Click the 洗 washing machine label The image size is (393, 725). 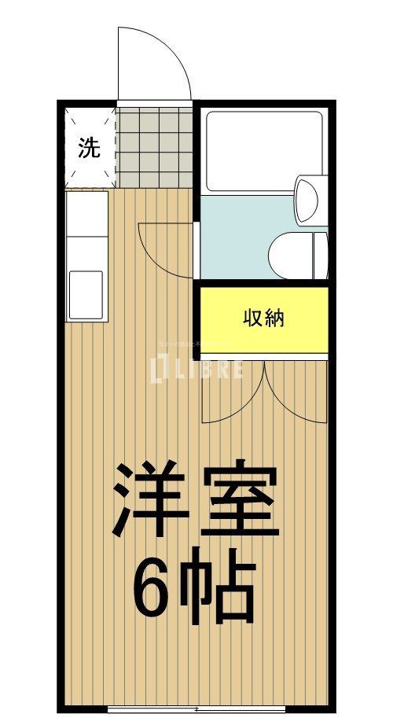click(x=89, y=149)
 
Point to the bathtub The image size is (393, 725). click(x=263, y=151)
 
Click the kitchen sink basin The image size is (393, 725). click(x=86, y=295)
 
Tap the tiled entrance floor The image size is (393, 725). click(x=155, y=147)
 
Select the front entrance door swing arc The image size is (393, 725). click(x=154, y=63)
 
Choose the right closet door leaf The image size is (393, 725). click(x=297, y=393)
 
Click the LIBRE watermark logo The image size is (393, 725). click(x=196, y=367)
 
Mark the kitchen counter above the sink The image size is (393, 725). click(x=86, y=228)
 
